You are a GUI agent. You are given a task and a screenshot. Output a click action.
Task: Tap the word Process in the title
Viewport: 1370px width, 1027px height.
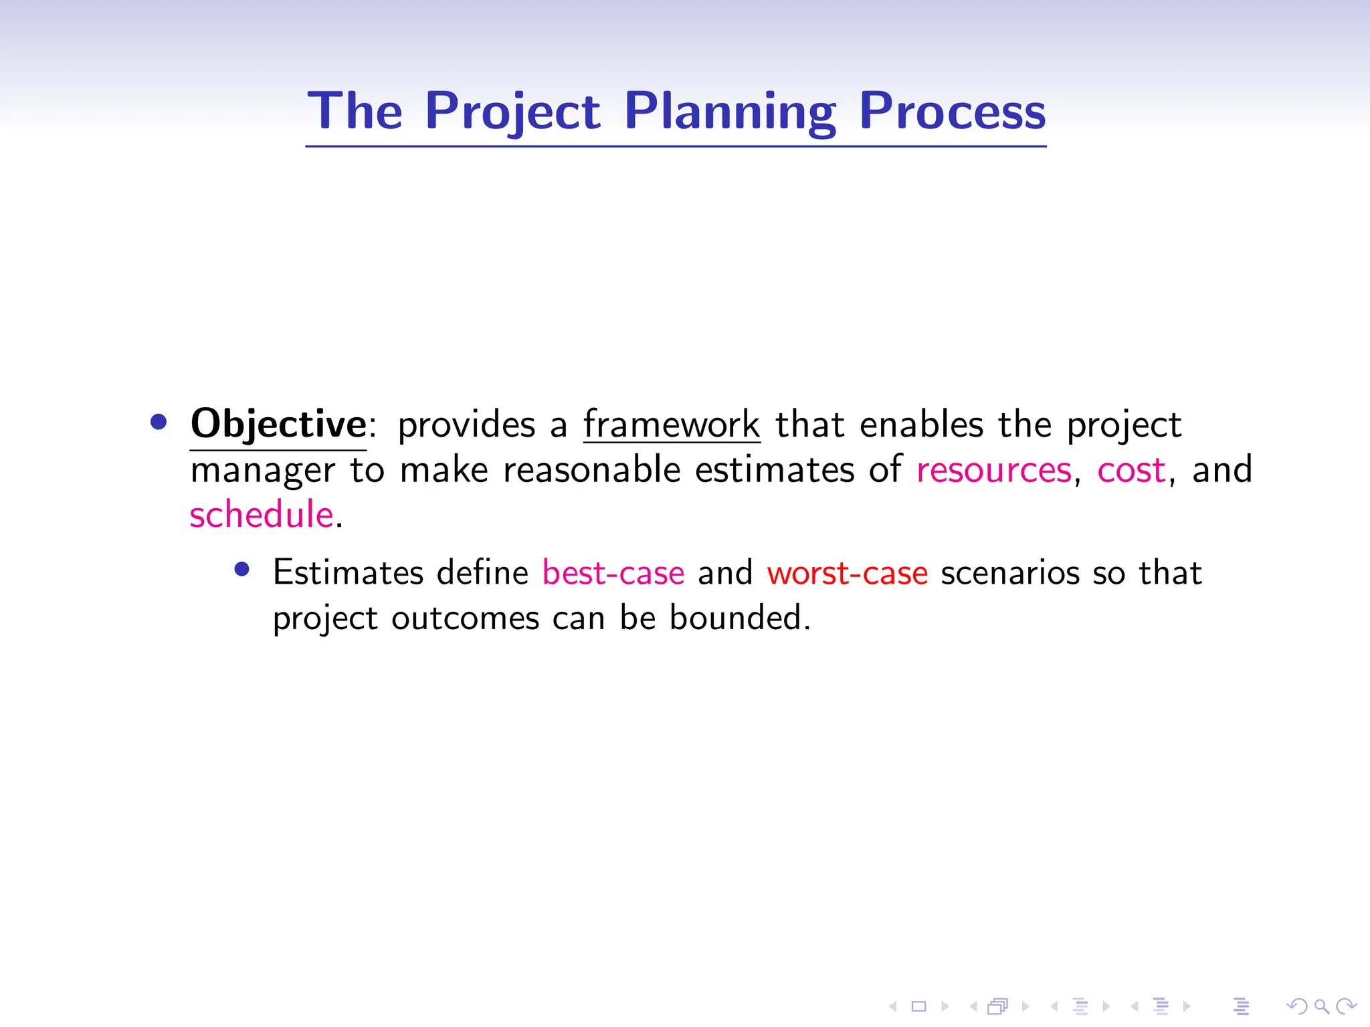(x=952, y=111)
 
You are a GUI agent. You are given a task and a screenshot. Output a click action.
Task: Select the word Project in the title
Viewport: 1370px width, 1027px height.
(x=512, y=111)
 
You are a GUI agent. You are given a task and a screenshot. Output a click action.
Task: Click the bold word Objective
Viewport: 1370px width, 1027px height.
(x=278, y=424)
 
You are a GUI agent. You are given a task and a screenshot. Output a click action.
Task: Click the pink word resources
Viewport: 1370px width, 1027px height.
(x=994, y=470)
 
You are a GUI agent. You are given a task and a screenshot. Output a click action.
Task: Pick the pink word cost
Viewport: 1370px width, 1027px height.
(x=1131, y=470)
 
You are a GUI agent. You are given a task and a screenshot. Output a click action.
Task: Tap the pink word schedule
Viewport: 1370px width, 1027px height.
(x=262, y=515)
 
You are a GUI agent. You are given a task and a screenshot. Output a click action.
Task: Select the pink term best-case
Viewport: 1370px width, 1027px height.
(x=613, y=573)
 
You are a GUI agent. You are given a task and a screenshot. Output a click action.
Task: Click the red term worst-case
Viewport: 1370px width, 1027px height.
(x=847, y=573)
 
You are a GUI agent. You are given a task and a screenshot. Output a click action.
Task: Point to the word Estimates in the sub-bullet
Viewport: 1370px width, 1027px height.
(x=349, y=573)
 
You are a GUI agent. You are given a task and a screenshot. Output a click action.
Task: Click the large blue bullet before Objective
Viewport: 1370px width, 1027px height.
(x=159, y=422)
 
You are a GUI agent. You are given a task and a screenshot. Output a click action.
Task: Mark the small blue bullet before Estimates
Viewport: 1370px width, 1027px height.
(x=242, y=570)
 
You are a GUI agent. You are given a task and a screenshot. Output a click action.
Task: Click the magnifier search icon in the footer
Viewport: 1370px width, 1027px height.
(x=1321, y=1006)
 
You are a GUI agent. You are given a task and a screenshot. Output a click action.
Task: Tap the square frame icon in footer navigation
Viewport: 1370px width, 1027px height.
(x=918, y=1006)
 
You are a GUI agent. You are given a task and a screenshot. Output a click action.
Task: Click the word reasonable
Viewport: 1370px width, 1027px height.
(x=591, y=470)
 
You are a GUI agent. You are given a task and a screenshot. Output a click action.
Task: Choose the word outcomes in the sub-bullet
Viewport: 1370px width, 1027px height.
(x=465, y=617)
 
